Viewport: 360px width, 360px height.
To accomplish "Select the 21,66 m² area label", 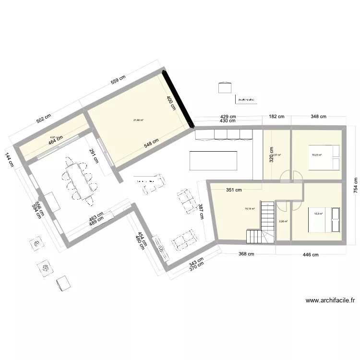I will pyautogui.click(x=139, y=120).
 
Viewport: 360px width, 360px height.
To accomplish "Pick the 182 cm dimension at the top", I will pyautogui.click(x=276, y=117).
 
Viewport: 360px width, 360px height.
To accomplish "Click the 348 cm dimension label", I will pyautogui.click(x=318, y=117).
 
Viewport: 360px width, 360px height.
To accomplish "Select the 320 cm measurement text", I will pyautogui.click(x=271, y=154).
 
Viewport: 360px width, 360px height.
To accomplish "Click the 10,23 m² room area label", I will pyautogui.click(x=316, y=155).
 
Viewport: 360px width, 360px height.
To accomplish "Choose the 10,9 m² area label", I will pyautogui.click(x=318, y=214).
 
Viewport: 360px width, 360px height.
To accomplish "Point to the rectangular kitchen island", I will pyautogui.click(x=214, y=161).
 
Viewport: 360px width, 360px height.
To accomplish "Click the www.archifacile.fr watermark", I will pyautogui.click(x=330, y=301).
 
